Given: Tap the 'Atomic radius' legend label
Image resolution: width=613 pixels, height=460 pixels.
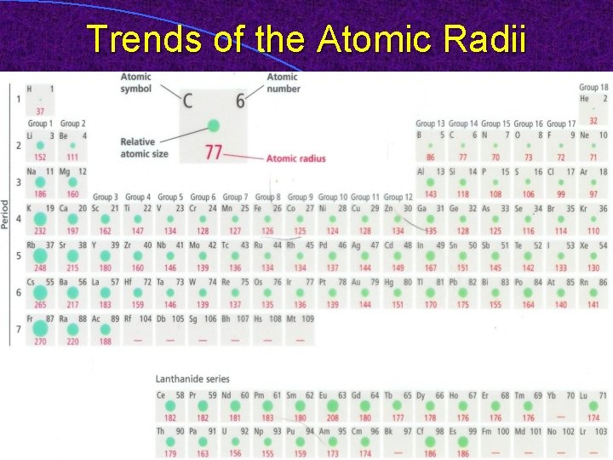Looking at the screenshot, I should (295, 158).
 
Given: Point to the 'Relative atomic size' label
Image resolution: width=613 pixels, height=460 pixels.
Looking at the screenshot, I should (144, 147).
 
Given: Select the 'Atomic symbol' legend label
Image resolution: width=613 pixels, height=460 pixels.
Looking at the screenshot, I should (135, 83).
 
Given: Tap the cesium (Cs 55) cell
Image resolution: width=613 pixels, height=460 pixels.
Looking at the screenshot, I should (40, 292).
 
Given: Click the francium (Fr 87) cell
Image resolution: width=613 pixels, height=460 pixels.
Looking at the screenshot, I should (40, 330).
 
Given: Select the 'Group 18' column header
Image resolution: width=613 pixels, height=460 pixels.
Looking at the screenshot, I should (593, 88).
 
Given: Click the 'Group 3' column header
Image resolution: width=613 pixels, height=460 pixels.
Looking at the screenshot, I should (106, 197).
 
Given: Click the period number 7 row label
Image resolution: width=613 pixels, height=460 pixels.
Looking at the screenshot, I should (18, 330).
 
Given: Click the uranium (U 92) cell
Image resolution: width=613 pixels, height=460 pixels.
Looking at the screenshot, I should (234, 442).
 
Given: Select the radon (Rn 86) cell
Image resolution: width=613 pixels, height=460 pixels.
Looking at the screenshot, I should (593, 292).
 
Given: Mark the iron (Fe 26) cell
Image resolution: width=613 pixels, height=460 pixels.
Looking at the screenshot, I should (267, 219).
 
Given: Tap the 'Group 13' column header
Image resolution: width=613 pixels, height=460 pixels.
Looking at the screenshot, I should (431, 124).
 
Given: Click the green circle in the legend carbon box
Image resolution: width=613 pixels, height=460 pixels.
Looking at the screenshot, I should (213, 125).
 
